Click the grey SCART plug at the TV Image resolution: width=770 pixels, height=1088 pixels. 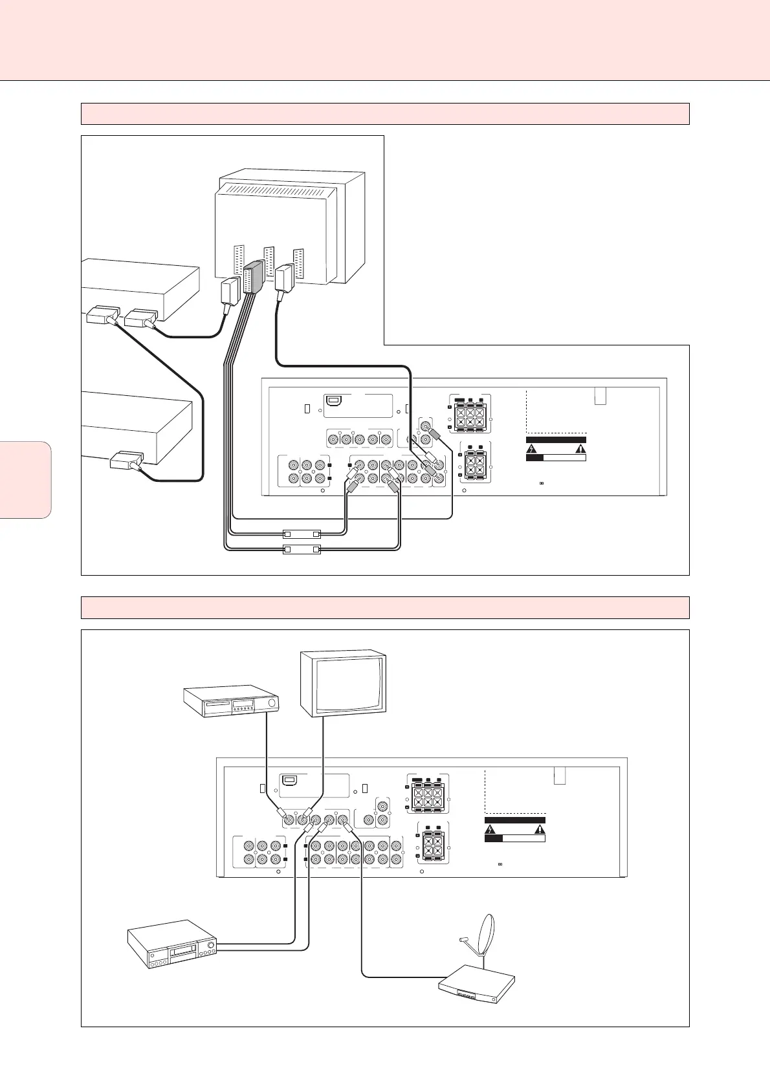252,278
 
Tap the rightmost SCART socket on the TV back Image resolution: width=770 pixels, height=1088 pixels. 298,263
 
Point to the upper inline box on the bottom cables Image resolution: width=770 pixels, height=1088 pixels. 302,535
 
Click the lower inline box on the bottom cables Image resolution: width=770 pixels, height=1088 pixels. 302,550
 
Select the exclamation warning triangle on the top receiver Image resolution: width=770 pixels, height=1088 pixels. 580,448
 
